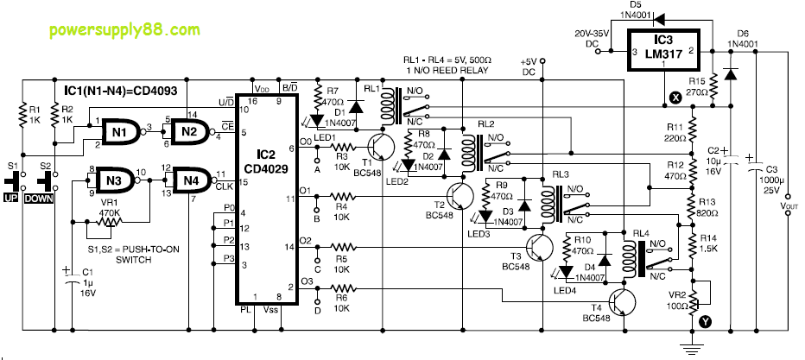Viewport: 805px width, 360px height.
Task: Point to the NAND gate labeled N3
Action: [110, 180]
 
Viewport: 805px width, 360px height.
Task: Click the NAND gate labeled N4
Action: [190, 180]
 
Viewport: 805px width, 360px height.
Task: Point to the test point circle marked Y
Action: [706, 322]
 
